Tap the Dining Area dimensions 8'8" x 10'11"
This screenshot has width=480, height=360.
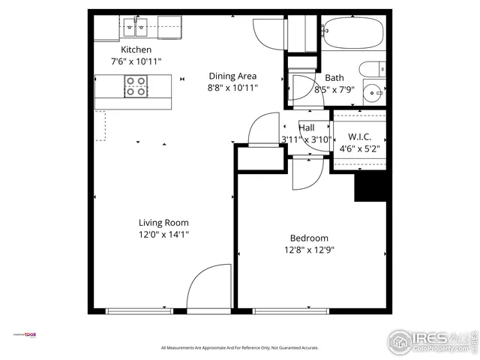[232, 88]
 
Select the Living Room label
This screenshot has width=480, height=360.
[163, 223]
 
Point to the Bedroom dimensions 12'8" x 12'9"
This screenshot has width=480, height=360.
[308, 250]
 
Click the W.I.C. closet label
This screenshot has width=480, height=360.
[359, 137]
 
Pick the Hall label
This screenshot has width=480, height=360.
[307, 127]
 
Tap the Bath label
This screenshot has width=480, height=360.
[334, 78]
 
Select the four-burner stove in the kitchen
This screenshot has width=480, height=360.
[136, 88]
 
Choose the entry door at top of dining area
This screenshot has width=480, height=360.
[268, 30]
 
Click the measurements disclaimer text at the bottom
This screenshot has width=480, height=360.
[240, 348]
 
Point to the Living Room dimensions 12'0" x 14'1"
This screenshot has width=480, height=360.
[163, 234]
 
